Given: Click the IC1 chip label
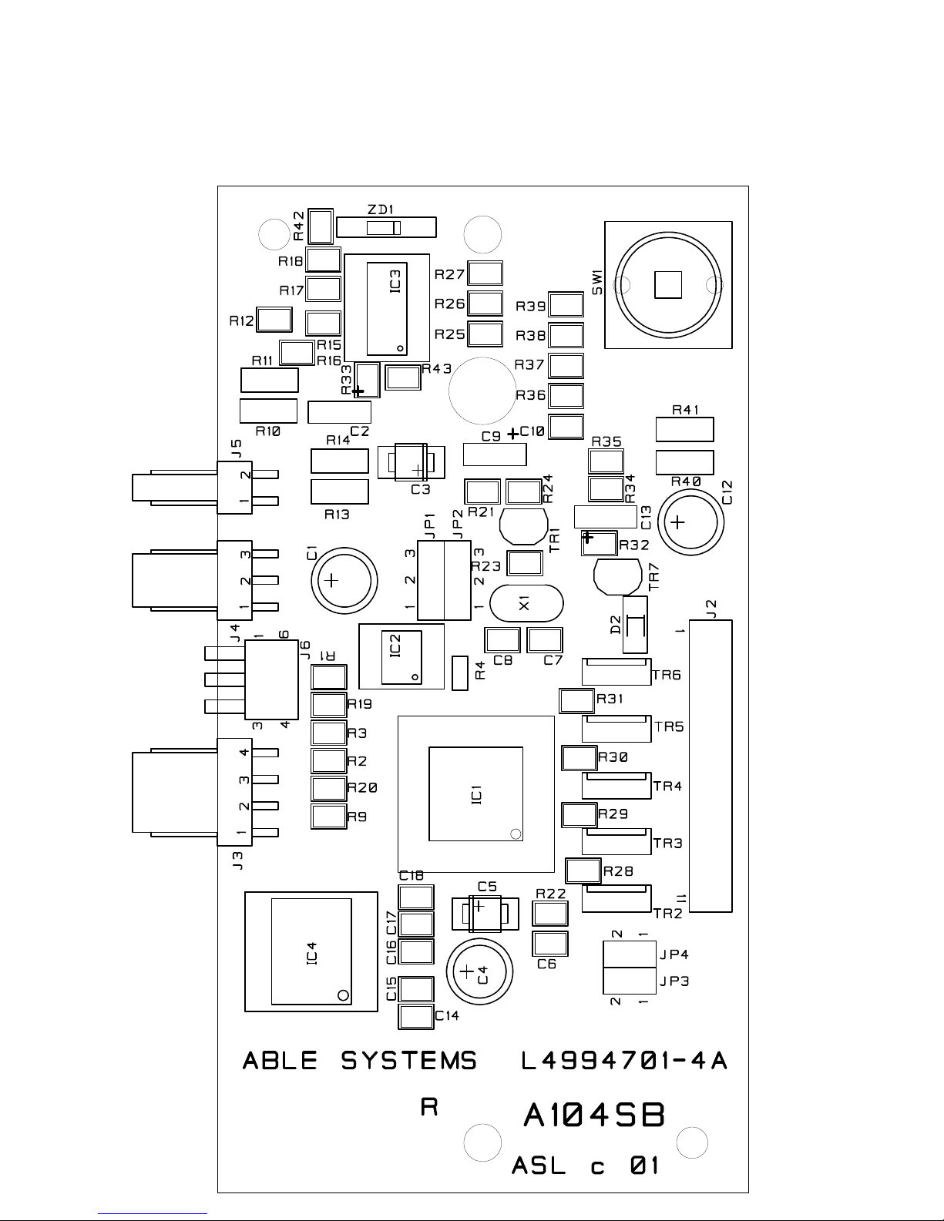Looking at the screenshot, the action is pyautogui.click(x=476, y=794).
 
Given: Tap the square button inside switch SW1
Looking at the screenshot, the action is pyautogui.click(x=668, y=285).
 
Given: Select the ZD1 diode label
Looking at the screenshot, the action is pyautogui.click(x=381, y=210).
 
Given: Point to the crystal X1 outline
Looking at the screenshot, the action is pyautogui.click(x=526, y=603).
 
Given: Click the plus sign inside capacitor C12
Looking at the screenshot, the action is pyautogui.click(x=677, y=522).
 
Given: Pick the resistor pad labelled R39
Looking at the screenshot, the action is pyautogui.click(x=566, y=305).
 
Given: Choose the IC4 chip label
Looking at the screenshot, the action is pyautogui.click(x=312, y=954).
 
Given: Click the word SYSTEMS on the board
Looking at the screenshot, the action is pyautogui.click(x=408, y=1061).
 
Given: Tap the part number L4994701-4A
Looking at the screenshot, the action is pyautogui.click(x=624, y=1061).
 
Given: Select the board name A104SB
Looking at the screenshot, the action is pyautogui.click(x=594, y=1115).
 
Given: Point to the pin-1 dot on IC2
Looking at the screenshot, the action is pyautogui.click(x=415, y=677).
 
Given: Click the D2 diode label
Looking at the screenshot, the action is pyautogui.click(x=616, y=625).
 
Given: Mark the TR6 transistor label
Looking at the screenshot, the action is pyautogui.click(x=667, y=675).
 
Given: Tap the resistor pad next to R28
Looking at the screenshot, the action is pyautogui.click(x=583, y=870).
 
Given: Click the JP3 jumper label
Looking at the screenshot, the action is pyautogui.click(x=674, y=981).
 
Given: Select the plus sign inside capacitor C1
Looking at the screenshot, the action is pyautogui.click(x=331, y=580).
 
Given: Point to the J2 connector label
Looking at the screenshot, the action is pyautogui.click(x=711, y=609).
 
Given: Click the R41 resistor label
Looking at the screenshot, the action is pyautogui.click(x=686, y=410).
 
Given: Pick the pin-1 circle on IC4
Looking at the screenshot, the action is pyautogui.click(x=343, y=995).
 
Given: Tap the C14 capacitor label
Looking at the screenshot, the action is pyautogui.click(x=447, y=1015).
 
